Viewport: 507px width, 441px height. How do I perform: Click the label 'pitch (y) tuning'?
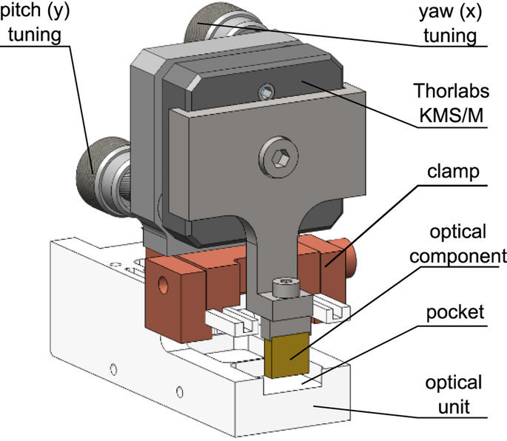click(x=35, y=23)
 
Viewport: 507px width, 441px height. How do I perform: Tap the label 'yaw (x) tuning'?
click(x=451, y=23)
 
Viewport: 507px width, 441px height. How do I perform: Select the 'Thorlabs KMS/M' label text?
click(x=451, y=103)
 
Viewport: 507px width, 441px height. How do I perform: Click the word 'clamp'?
click(x=453, y=172)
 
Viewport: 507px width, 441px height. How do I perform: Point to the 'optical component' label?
click(x=458, y=243)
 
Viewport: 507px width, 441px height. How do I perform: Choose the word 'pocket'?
click(x=455, y=313)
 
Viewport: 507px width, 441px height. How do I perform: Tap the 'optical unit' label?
click(x=454, y=394)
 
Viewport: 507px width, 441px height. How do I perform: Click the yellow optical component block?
click(x=286, y=354)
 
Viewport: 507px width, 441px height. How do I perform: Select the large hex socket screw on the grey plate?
click(x=278, y=157)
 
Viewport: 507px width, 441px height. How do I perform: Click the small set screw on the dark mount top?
click(x=266, y=92)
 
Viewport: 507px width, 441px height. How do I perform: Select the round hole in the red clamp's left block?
click(x=163, y=284)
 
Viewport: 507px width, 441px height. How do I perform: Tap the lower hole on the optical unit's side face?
click(x=179, y=392)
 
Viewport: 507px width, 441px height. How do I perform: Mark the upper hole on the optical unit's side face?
click(x=113, y=369)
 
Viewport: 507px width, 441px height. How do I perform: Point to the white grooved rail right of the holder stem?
click(x=330, y=309)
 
